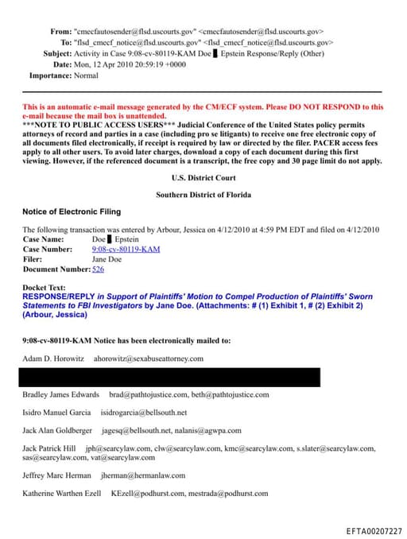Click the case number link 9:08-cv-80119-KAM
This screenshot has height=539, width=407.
(x=126, y=249)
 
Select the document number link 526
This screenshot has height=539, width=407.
(x=98, y=269)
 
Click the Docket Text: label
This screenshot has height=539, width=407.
(x=45, y=288)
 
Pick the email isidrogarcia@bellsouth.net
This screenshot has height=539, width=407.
(x=144, y=413)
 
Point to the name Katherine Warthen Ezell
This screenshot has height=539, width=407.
(x=61, y=494)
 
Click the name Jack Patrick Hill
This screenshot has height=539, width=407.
(x=51, y=449)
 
